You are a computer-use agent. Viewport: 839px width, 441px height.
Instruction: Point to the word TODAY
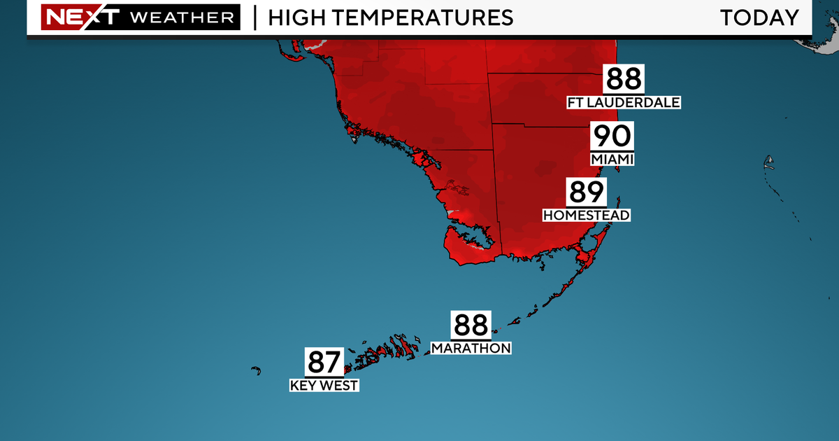tap(759, 17)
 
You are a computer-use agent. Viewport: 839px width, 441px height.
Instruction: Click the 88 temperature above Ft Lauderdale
tap(624, 80)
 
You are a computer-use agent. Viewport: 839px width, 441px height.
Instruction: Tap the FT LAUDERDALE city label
tap(624, 103)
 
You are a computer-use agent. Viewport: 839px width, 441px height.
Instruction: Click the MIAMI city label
tap(612, 160)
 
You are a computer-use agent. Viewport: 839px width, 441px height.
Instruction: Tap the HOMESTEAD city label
tap(587, 215)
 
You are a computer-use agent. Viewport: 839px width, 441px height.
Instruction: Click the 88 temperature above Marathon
tap(471, 325)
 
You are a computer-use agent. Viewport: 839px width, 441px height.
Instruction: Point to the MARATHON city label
tap(471, 348)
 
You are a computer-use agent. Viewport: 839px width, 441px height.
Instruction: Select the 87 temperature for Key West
tap(324, 363)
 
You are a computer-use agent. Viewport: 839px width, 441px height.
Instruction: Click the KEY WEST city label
tap(324, 385)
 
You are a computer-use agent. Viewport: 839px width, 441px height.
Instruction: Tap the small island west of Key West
tap(256, 370)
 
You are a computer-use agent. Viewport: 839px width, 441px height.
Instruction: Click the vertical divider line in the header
tap(254, 17)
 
